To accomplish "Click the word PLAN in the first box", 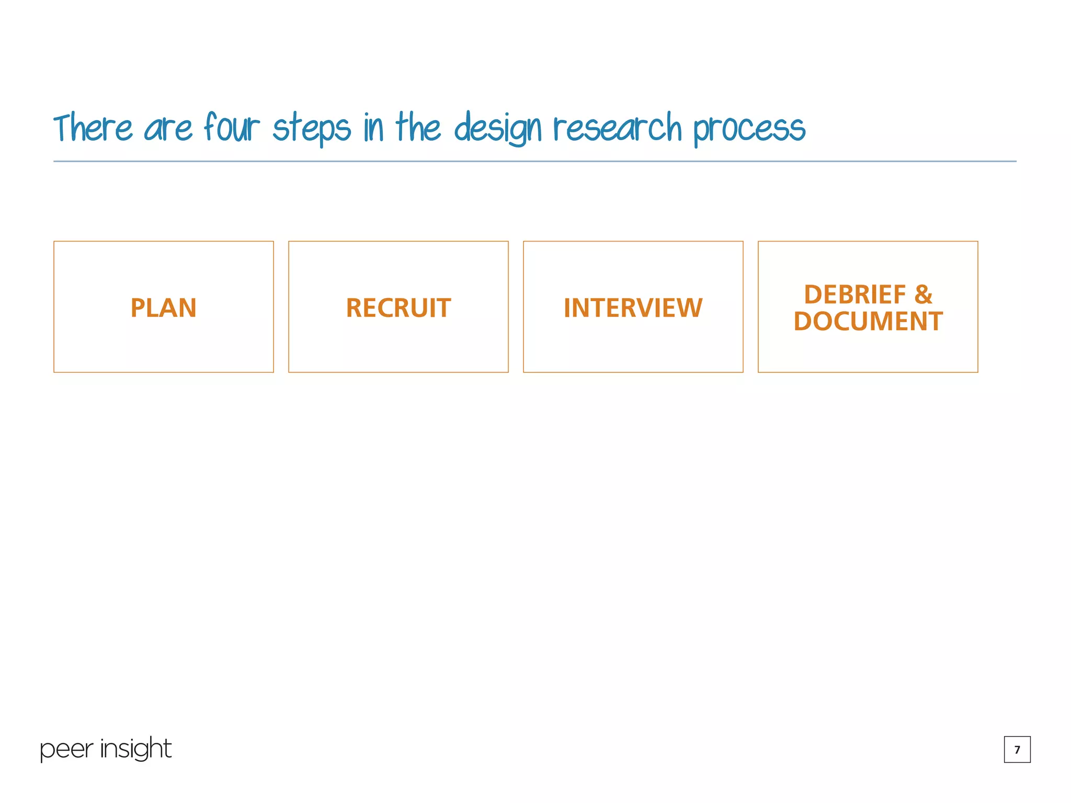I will [163, 308].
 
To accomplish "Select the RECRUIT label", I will [398, 308].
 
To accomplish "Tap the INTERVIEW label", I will [633, 308].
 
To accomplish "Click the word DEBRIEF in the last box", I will [854, 295].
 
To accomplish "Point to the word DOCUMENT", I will [868, 322].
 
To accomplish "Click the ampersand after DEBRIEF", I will [923, 295].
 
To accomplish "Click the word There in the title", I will [93, 128].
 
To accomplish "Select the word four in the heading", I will [231, 128].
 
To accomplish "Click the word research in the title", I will [618, 128].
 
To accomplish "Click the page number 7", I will [1017, 749].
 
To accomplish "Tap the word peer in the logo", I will [66, 750].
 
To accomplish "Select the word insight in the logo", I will [135, 749].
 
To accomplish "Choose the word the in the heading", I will [418, 128].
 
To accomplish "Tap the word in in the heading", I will [373, 128].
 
